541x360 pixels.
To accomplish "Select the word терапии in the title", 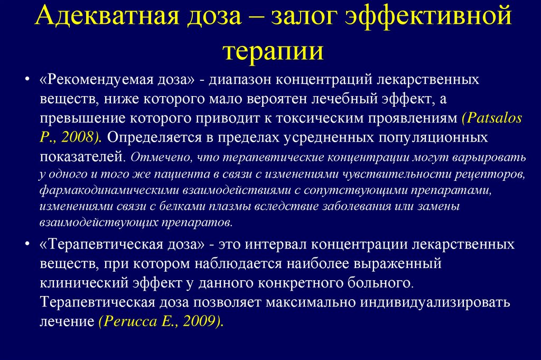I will click(273, 51).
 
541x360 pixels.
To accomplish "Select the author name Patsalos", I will click(492, 118).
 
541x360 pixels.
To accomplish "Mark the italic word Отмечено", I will click(153, 158).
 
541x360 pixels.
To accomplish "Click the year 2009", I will click(200, 321).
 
